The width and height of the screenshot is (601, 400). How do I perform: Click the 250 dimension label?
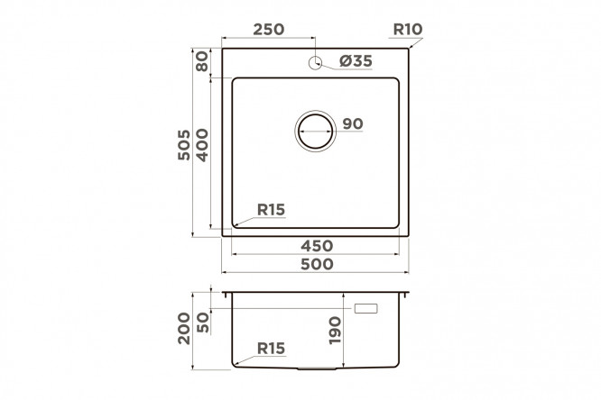[269, 29]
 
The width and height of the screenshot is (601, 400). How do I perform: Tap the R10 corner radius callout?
[408, 29]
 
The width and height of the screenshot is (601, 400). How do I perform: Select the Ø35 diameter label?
[356, 61]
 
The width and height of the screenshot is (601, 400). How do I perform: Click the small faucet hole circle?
[315, 63]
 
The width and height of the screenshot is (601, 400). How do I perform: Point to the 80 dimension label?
[202, 61]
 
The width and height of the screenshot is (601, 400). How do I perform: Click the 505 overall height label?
[184, 145]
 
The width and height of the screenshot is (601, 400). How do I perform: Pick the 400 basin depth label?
[202, 145]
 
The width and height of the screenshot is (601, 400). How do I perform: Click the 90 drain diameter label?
[353, 123]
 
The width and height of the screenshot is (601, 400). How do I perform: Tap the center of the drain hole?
[316, 131]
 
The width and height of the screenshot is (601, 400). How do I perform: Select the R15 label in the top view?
[271, 210]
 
